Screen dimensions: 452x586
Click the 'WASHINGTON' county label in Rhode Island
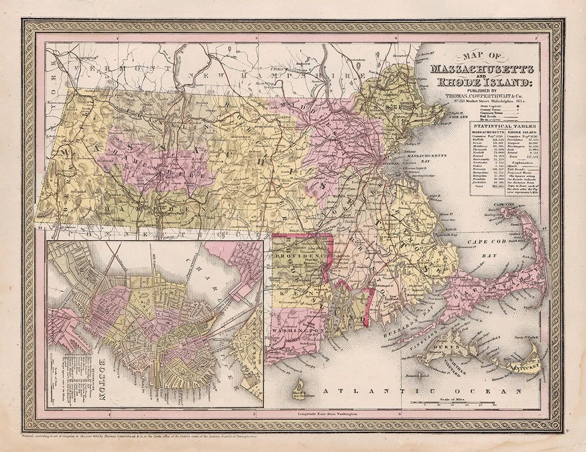click(x=299, y=331)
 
